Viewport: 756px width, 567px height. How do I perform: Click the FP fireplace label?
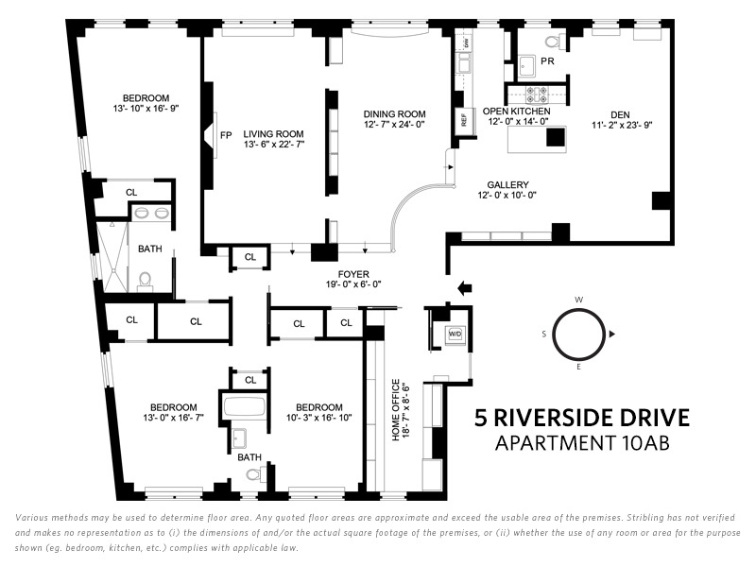(226, 135)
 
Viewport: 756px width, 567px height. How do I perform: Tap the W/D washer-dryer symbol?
(455, 334)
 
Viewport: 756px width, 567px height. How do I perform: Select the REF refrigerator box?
(464, 120)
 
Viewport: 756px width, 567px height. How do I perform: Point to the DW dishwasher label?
(466, 43)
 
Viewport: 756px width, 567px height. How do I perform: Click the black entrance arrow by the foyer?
(464, 288)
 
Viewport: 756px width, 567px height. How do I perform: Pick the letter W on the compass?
(579, 300)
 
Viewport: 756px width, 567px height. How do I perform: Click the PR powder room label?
(547, 61)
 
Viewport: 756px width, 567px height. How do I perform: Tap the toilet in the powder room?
(556, 42)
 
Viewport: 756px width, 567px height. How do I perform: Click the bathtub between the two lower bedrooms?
(245, 407)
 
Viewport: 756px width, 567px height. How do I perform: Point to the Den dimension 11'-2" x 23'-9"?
(622, 126)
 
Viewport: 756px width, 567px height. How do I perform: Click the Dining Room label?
(394, 114)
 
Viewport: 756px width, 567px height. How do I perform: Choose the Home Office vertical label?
(396, 410)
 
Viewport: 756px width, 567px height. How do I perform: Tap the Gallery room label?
(507, 184)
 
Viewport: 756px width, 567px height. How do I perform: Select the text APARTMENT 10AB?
(582, 443)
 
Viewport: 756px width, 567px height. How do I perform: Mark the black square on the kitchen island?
(556, 136)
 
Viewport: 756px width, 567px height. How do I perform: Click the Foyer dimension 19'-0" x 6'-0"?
(353, 284)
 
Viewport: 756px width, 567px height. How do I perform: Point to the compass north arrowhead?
(612, 334)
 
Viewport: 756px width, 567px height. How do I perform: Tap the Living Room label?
(273, 133)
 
